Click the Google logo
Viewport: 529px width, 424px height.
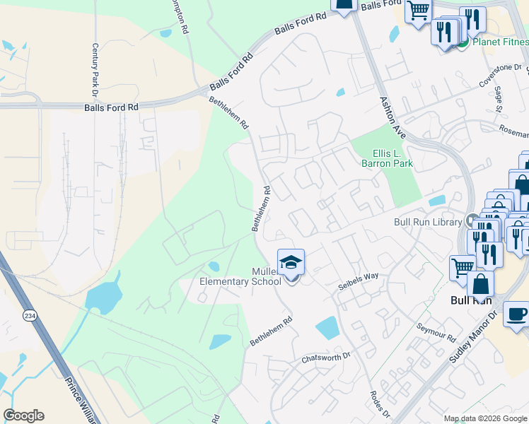click(23, 416)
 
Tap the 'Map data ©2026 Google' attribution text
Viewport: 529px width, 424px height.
click(485, 418)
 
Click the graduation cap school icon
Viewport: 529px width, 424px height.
click(290, 263)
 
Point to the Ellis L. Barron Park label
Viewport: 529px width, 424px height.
click(387, 158)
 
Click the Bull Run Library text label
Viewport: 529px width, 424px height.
click(428, 222)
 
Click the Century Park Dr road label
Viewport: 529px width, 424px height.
click(93, 69)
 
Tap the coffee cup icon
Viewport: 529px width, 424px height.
click(516, 313)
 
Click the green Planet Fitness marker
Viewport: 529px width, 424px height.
click(462, 42)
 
